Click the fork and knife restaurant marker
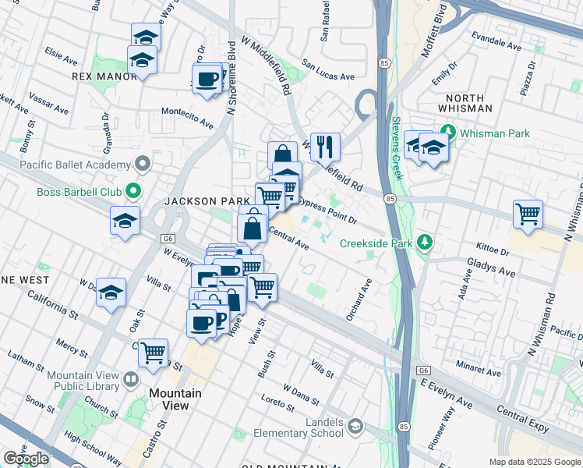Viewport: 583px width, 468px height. (325, 146)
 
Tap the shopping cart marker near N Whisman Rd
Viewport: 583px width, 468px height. (528, 214)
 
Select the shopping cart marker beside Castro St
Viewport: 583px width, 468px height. (154, 352)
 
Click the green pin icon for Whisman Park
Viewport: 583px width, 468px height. (448, 133)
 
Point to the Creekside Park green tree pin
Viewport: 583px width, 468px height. (424, 243)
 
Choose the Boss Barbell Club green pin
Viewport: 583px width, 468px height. (134, 190)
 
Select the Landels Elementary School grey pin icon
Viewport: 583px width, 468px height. (355, 426)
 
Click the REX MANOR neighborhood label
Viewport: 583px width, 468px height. (104, 76)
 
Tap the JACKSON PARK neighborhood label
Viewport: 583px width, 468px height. (195, 201)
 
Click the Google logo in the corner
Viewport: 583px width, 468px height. (26, 459)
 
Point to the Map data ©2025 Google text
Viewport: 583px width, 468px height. (534, 462)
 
